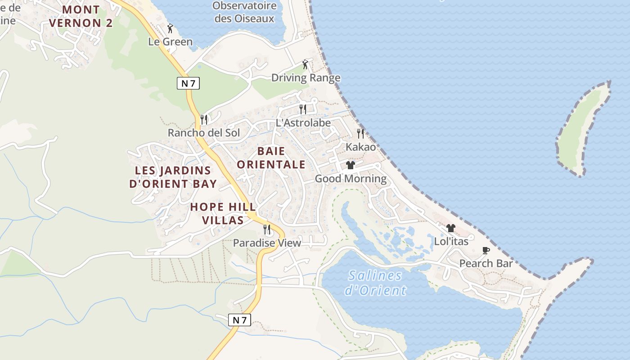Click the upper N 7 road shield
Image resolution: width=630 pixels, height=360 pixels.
(x=188, y=83)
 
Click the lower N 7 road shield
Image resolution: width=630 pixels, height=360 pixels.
(x=239, y=320)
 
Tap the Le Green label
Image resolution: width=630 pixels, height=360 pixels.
(x=171, y=42)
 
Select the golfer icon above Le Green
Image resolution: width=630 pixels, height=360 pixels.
(x=170, y=29)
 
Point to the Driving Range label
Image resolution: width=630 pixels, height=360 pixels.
(x=306, y=78)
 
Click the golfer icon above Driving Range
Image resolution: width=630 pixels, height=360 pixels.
(x=306, y=64)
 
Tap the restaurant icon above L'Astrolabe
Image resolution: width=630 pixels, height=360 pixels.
(x=303, y=109)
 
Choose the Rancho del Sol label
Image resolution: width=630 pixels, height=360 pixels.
(x=204, y=133)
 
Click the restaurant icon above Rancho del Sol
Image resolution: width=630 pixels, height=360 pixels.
(x=204, y=119)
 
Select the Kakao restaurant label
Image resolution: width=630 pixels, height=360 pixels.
(x=360, y=147)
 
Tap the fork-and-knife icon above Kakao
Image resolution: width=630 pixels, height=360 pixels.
(x=360, y=133)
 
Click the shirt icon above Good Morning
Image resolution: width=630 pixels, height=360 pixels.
(x=351, y=165)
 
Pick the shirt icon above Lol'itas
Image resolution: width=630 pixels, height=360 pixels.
(x=451, y=228)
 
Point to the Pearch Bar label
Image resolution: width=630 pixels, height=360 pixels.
(x=486, y=263)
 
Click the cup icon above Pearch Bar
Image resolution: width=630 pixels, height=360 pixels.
(x=486, y=250)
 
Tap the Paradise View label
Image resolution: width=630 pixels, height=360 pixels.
(x=267, y=243)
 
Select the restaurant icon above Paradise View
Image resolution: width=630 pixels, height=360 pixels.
(x=267, y=229)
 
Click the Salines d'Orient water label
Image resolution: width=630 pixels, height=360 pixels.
(x=375, y=283)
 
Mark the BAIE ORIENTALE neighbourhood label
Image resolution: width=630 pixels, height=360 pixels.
(x=271, y=157)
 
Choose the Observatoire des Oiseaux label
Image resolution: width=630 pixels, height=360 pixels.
(x=244, y=12)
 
